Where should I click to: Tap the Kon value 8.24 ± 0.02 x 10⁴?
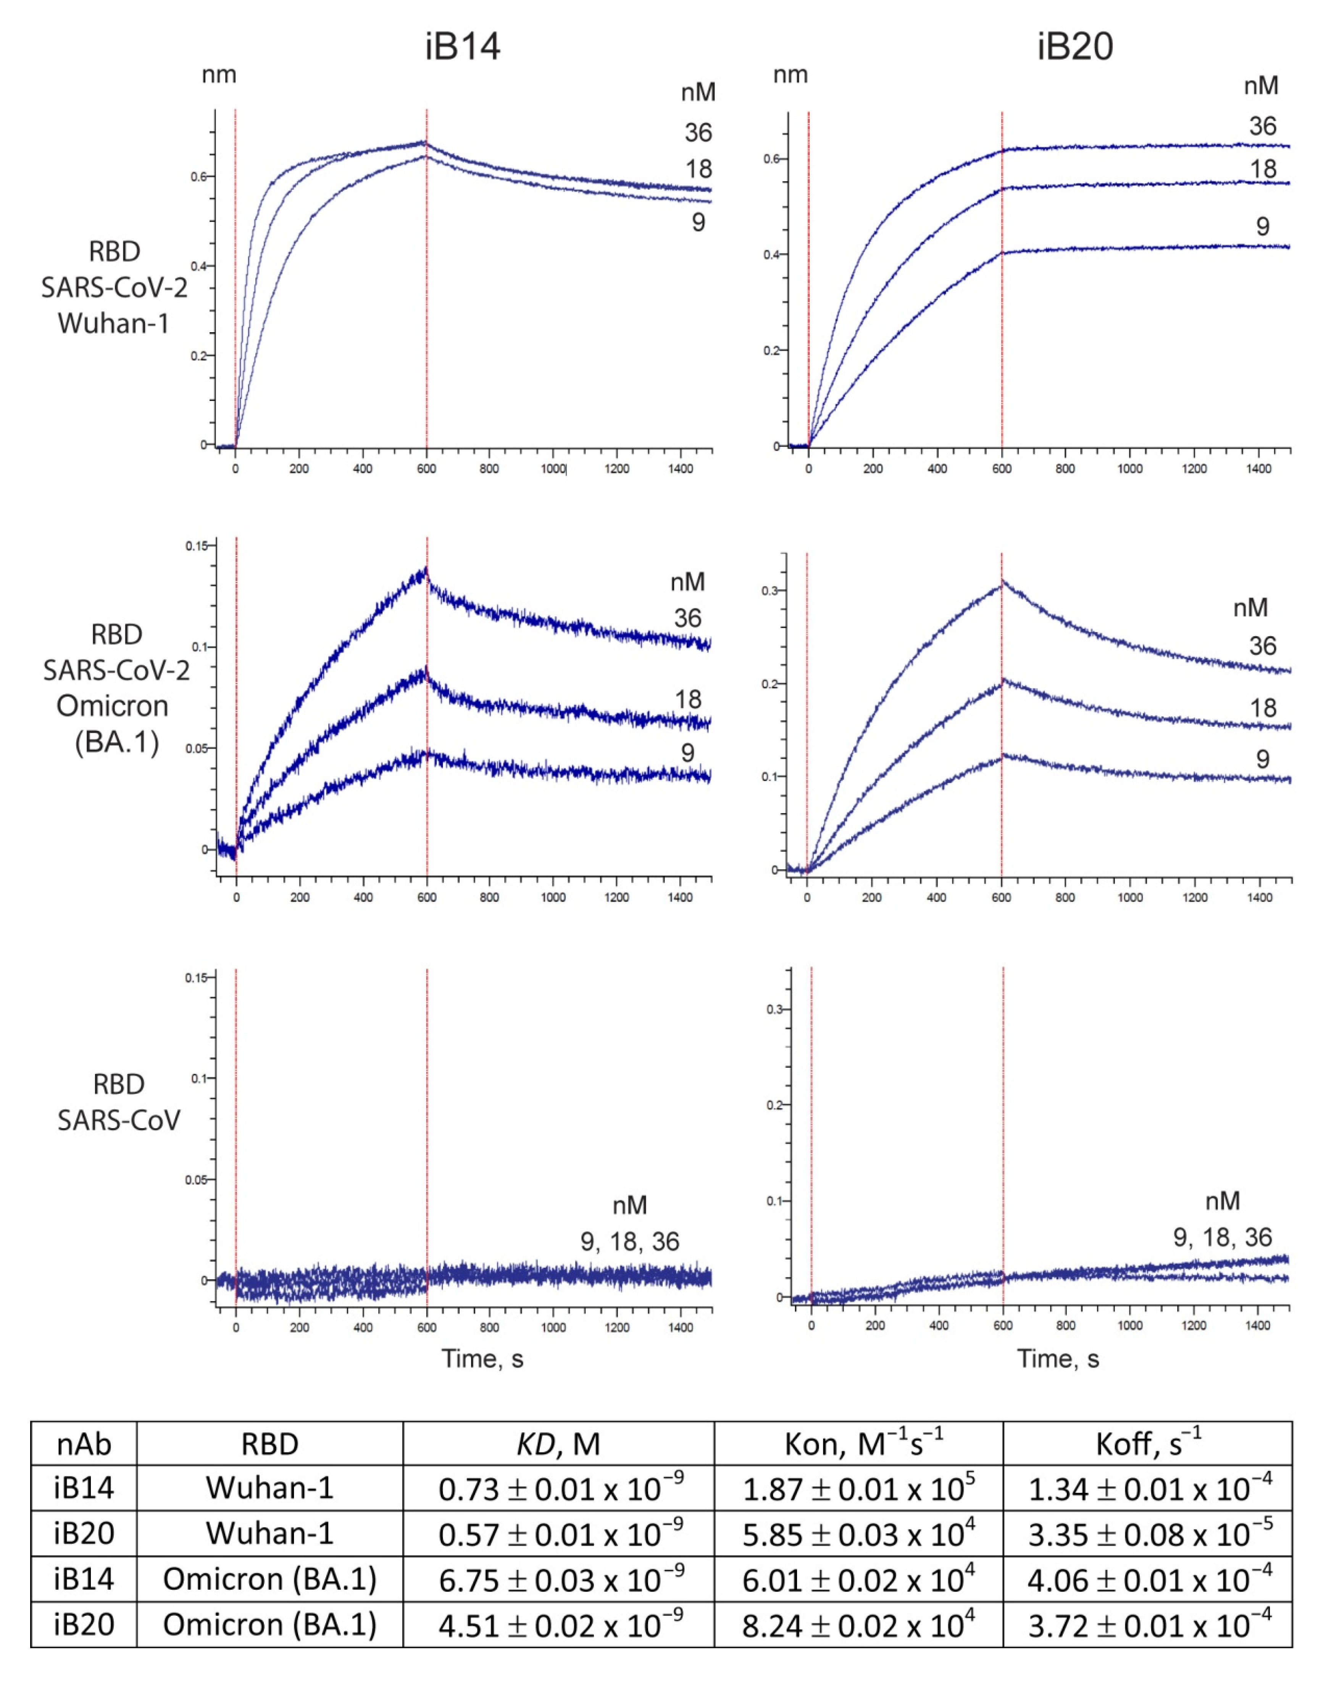[858, 1625]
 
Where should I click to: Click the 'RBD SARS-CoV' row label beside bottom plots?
[118, 1101]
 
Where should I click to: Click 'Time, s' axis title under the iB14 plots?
[482, 1358]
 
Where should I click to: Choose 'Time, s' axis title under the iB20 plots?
[1057, 1358]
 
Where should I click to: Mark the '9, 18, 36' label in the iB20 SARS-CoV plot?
[1222, 1237]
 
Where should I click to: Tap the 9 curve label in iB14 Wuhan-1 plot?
[698, 223]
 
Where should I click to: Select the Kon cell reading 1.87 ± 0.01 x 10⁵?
[858, 1489]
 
